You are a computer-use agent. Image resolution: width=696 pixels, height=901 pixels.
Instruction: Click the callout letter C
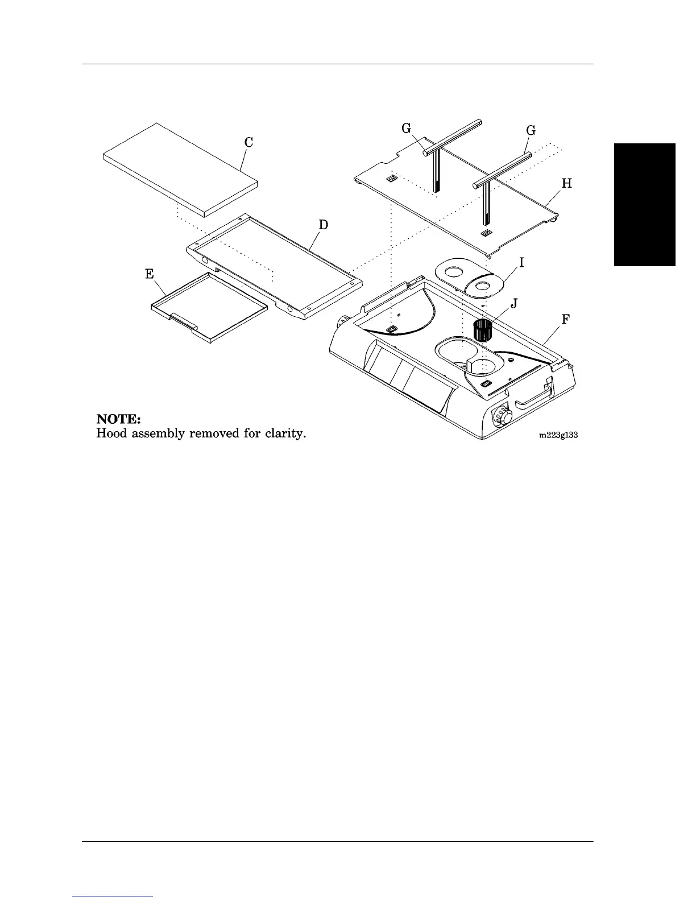[249, 142]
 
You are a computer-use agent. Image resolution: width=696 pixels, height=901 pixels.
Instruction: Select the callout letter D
[323, 225]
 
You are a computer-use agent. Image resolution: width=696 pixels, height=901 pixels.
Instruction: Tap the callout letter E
[150, 274]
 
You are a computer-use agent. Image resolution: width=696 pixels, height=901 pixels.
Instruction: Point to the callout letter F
[565, 320]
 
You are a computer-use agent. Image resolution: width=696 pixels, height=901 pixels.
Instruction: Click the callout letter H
[566, 184]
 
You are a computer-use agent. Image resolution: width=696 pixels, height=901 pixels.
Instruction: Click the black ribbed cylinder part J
[482, 330]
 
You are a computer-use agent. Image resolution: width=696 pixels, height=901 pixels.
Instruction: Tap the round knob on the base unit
[503, 417]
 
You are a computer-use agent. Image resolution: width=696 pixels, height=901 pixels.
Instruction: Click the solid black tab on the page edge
[644, 205]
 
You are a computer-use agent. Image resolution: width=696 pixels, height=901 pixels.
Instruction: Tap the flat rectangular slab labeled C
[181, 168]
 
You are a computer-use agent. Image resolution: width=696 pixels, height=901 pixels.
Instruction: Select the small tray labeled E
[208, 307]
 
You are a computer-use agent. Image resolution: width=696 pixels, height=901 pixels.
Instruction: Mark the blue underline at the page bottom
[113, 896]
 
